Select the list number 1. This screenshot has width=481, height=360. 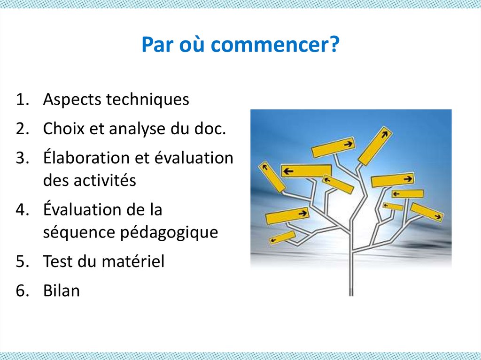21,100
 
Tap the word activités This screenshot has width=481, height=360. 105,180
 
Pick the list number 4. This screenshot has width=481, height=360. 21,209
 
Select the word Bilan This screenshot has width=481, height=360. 62,291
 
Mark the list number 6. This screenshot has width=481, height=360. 21,291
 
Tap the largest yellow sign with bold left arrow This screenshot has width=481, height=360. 306,170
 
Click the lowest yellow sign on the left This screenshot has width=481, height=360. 283,237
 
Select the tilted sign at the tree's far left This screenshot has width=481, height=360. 272,177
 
